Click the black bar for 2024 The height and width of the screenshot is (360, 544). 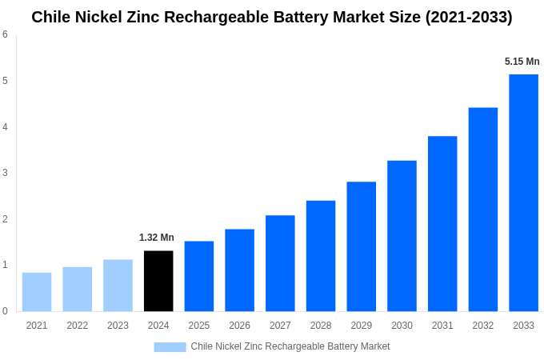(x=158, y=281)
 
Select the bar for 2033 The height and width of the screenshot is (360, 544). (x=523, y=193)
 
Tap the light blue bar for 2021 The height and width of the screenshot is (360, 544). (x=37, y=292)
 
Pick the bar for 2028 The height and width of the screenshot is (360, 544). (x=321, y=256)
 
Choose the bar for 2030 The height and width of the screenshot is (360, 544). (x=402, y=236)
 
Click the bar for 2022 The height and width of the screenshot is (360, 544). (x=78, y=289)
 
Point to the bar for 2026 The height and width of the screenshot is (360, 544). (x=239, y=270)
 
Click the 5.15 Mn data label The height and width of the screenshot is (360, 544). (x=522, y=62)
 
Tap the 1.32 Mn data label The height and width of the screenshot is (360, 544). (x=157, y=238)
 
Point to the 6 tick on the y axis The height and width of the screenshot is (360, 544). (x=5, y=34)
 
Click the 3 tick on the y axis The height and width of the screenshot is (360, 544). (x=5, y=173)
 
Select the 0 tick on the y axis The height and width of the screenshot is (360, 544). (x=5, y=311)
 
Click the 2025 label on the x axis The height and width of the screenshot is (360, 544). (x=199, y=326)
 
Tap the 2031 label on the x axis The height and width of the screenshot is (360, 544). (x=442, y=326)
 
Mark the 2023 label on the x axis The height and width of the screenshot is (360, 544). (x=118, y=326)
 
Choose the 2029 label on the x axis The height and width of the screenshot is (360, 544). (x=361, y=326)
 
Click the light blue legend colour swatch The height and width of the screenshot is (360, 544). (x=170, y=347)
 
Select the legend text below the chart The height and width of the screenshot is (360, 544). (x=290, y=346)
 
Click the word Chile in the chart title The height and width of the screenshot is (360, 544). (x=50, y=17)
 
